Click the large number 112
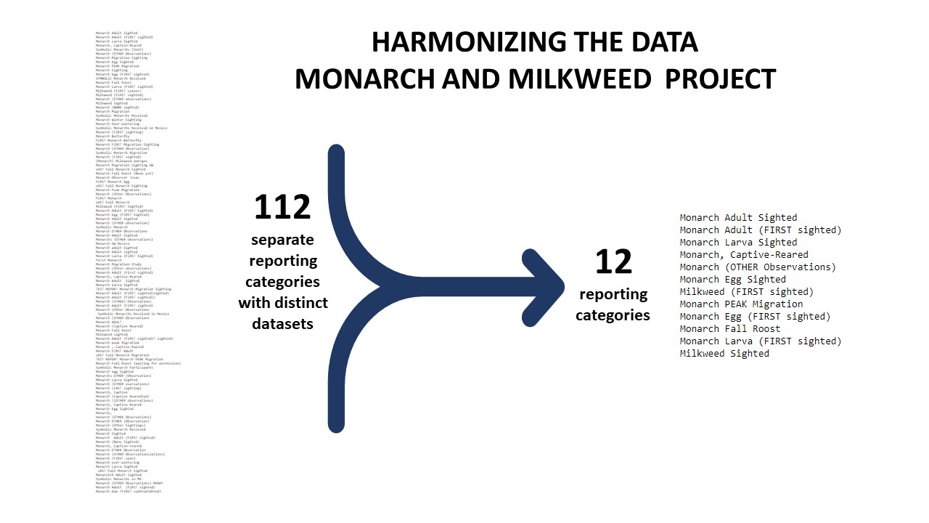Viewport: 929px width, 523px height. tap(282, 208)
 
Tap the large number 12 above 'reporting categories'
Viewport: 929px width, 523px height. tap(613, 262)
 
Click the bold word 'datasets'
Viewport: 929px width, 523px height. tap(282, 323)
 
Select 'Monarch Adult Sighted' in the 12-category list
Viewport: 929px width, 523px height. tap(738, 217)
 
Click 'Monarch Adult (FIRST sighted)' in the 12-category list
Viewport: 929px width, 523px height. tap(760, 230)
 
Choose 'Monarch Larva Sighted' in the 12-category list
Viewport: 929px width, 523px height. tap(738, 242)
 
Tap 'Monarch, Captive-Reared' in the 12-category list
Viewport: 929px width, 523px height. tap(744, 254)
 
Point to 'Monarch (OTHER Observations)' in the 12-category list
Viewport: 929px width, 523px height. tap(757, 267)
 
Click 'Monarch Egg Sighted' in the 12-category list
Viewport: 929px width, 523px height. tap(732, 279)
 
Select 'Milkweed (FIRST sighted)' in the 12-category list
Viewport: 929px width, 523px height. tap(747, 291)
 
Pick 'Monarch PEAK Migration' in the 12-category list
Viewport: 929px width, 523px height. tap(741, 304)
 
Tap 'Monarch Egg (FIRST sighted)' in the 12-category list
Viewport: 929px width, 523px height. tap(755, 316)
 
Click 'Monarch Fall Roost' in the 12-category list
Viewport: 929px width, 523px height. tap(730, 328)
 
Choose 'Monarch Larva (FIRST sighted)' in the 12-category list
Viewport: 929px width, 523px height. tap(760, 341)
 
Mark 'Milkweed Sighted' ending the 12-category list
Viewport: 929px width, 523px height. tap(724, 353)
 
